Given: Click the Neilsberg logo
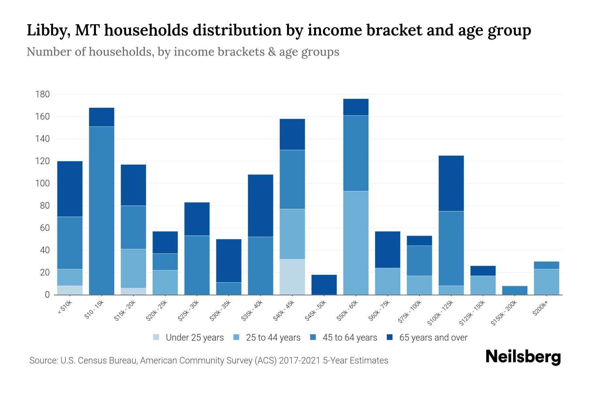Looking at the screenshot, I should click(523, 357).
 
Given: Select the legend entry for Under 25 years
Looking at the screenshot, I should click(194, 338).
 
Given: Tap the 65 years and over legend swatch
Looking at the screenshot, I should click(390, 337).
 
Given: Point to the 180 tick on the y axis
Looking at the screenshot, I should click(43, 95).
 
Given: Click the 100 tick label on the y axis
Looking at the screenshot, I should click(43, 183).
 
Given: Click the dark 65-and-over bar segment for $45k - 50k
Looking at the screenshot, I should click(324, 285).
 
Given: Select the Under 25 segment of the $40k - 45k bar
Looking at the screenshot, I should click(292, 277).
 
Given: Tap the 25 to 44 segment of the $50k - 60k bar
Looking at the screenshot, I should click(356, 243).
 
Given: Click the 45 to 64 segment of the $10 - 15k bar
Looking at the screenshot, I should click(101, 210).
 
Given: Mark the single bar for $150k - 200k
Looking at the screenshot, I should click(514, 290).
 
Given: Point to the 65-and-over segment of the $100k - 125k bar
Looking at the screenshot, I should click(451, 183).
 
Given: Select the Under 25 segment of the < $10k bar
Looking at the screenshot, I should click(70, 290).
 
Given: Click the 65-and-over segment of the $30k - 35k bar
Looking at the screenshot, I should click(229, 261).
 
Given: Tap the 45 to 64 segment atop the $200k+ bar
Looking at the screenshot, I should click(546, 265).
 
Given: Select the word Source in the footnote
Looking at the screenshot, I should click(43, 361).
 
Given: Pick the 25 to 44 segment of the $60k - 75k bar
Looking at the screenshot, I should click(387, 281).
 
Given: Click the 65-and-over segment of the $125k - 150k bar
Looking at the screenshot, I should click(483, 271).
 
